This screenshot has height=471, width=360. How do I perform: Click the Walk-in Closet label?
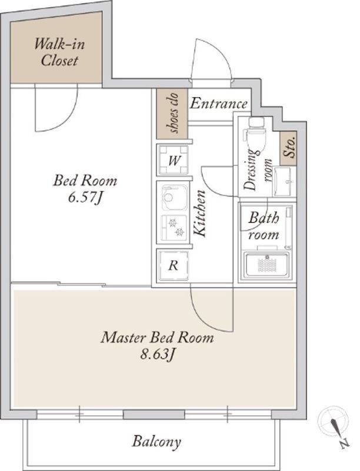[59, 52]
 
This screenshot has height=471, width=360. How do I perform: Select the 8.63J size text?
[158, 354]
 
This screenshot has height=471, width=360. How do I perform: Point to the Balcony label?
[156, 442]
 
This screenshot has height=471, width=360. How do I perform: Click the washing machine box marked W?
[174, 160]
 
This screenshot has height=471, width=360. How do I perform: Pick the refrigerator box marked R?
[174, 266]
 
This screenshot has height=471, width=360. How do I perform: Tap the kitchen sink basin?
[174, 198]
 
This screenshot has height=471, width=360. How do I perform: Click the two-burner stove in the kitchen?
[175, 227]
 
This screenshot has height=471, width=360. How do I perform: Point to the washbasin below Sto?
[283, 181]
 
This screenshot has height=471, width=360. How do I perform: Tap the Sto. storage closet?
[288, 148]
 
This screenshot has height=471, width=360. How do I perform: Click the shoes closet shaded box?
[172, 114]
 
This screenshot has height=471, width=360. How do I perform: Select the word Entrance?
[219, 104]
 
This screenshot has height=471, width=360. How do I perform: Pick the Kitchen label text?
[199, 213]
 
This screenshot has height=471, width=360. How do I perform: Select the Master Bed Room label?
[158, 337]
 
